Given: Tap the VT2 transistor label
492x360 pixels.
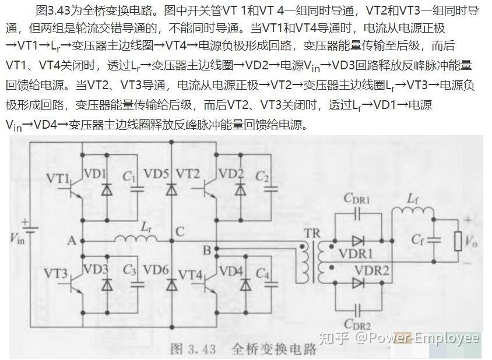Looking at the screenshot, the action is click(x=188, y=174).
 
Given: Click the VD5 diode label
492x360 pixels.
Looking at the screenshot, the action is click(x=156, y=174).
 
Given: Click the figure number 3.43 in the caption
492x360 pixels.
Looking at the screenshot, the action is click(x=202, y=349).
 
